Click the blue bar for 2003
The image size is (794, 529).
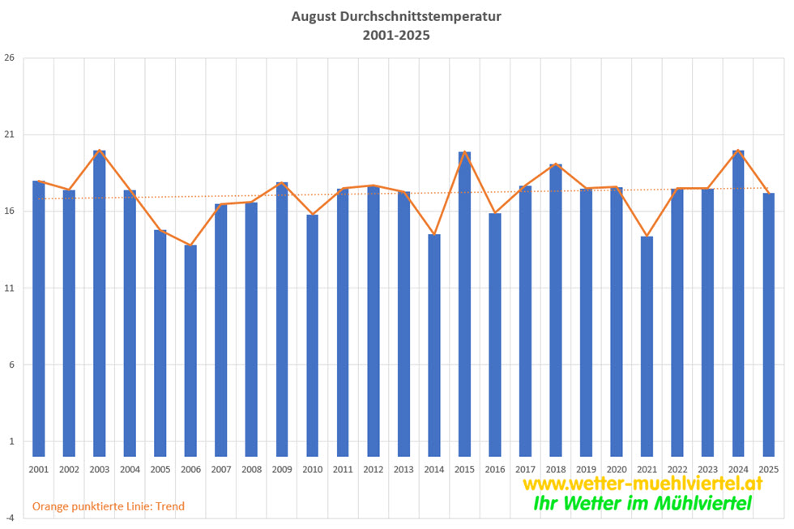coord(100,304)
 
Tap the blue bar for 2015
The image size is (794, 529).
coord(464,305)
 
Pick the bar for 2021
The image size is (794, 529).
coord(647,347)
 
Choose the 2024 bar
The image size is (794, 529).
coord(738,304)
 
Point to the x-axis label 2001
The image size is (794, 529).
coord(39,469)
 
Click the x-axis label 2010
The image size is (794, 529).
coord(312,469)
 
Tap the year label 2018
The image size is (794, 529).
coord(556,469)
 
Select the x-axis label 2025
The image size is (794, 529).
coord(768,469)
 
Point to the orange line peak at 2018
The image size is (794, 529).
coord(556,165)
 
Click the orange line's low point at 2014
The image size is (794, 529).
coord(434,235)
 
